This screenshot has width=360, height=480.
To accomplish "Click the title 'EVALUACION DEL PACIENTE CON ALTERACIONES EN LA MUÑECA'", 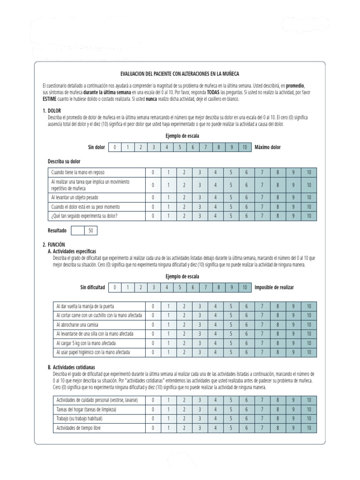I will coord(180,74).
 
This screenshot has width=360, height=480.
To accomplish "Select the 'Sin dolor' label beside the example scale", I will coord(97,147).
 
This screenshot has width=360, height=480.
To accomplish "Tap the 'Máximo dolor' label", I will coord(268,147).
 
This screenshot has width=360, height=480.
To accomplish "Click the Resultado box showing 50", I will coord(90,231).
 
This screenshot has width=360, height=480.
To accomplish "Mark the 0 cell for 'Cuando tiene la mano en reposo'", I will coord(153,172).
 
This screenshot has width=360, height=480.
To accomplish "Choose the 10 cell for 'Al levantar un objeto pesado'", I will coord(309,197).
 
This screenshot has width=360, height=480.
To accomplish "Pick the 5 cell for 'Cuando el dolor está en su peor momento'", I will coord(231,207).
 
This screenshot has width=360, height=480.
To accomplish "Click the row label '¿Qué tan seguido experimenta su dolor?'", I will coord(84,216).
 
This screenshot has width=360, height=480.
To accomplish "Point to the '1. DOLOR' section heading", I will coord(52,111).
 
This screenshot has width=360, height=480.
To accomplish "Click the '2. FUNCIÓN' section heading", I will coord(53,245).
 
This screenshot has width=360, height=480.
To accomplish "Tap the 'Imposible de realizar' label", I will coord(274,287).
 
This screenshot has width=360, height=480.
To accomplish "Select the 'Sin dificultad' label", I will coord(92,287).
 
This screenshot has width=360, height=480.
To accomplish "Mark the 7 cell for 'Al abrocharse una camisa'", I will coord(262,324).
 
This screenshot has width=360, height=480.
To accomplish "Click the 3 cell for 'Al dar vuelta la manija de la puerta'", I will coord(200,306).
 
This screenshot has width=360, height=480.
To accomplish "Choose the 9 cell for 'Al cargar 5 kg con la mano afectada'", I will coord(293,343).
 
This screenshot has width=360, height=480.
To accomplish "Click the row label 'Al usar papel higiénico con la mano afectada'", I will coord(93,352).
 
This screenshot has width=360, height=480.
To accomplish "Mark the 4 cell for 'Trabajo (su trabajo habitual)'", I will coord(215,419).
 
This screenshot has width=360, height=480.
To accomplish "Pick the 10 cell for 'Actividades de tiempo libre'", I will coord(309,428).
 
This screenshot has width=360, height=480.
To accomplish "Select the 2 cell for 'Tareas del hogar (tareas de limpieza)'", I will coord(184,409).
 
